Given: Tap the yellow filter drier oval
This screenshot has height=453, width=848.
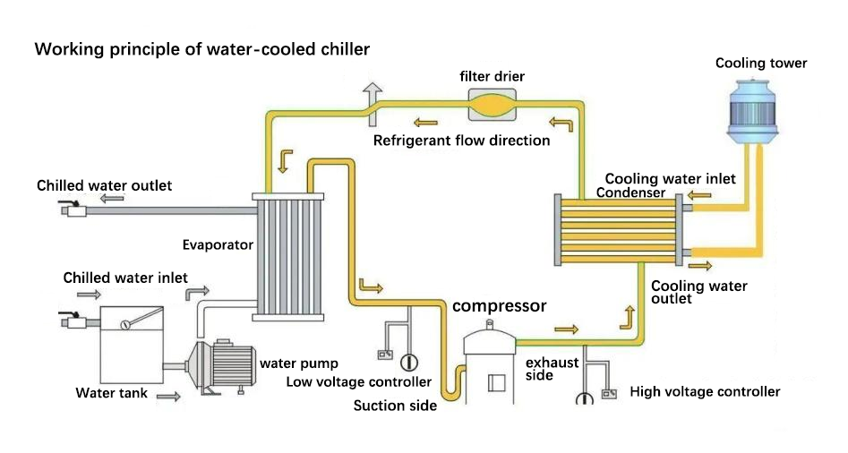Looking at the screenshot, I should [492, 105].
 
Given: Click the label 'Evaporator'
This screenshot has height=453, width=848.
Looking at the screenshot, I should [218, 244].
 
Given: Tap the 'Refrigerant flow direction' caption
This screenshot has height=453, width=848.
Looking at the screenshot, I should [461, 141].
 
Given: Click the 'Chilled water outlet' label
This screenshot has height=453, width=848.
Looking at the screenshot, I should [104, 185].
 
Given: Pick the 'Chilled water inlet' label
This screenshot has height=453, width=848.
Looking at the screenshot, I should [125, 278].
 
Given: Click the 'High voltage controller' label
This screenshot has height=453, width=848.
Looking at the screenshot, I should [705, 391].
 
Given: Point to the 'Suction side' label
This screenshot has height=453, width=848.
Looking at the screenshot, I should [395, 406].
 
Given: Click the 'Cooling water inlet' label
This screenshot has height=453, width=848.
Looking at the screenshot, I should [670, 179].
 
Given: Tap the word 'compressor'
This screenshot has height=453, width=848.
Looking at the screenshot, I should [499, 306].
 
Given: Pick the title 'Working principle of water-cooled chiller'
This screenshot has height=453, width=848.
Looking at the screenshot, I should [201, 49].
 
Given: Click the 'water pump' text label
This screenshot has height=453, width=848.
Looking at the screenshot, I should [299, 363].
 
